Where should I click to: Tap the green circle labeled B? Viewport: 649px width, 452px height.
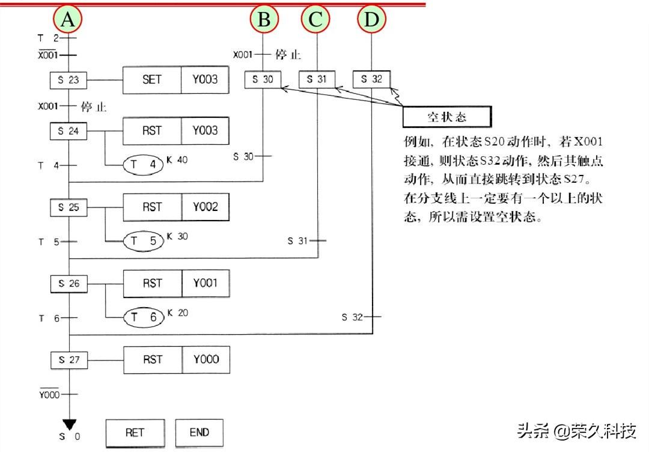pyautogui.click(x=264, y=20)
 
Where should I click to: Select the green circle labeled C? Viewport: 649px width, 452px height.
pyautogui.click(x=316, y=20)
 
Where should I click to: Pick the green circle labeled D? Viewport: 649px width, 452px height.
pyautogui.click(x=372, y=20)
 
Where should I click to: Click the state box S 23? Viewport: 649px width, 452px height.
pyautogui.click(x=69, y=79)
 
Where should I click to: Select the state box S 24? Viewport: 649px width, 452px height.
pyautogui.click(x=69, y=130)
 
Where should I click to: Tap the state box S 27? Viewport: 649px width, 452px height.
pyautogui.click(x=69, y=360)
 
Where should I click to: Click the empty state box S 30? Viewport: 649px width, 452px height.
pyautogui.click(x=263, y=79)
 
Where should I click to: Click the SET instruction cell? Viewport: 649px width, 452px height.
pyautogui.click(x=152, y=79)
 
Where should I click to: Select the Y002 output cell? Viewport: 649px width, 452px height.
pyautogui.click(x=206, y=207)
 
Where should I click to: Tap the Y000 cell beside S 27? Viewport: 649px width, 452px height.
pyautogui.click(x=206, y=359)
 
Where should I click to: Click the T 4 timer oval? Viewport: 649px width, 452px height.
pyautogui.click(x=144, y=165)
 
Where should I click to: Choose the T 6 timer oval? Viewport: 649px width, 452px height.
pyautogui.click(x=144, y=317)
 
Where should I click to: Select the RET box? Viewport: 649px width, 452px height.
pyautogui.click(x=135, y=432)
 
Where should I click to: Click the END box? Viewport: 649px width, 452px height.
pyautogui.click(x=199, y=432)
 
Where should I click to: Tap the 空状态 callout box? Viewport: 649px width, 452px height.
pyautogui.click(x=446, y=117)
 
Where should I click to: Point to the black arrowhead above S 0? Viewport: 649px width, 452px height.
pyautogui.click(x=69, y=424)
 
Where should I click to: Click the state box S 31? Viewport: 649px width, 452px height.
pyautogui.click(x=317, y=79)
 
